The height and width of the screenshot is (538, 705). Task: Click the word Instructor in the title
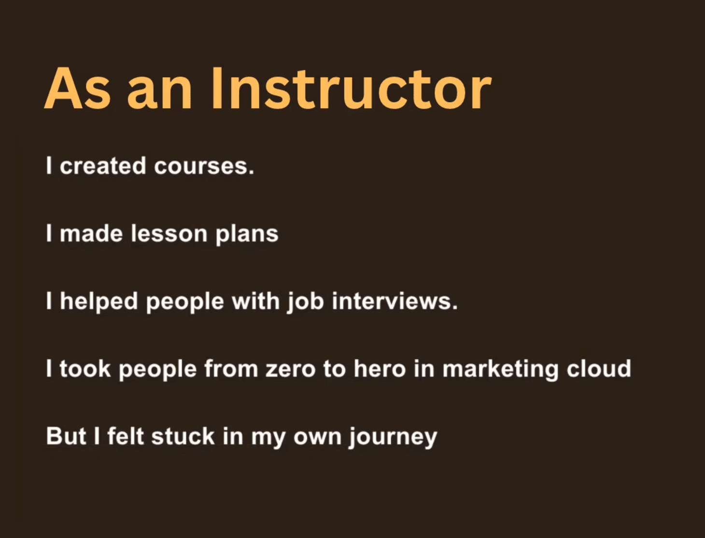[351, 88]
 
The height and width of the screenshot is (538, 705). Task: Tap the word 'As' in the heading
[77, 88]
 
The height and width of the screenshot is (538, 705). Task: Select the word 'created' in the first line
[103, 166]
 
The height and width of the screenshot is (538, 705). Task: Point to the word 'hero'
[380, 369]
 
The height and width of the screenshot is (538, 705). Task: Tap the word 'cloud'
[599, 369]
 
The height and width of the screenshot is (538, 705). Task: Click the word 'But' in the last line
[66, 437]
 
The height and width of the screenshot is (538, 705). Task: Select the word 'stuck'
[183, 437]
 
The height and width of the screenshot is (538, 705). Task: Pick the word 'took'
[85, 369]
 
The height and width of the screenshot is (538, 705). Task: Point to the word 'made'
[91, 234]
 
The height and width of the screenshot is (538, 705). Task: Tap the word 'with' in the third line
[255, 301]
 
